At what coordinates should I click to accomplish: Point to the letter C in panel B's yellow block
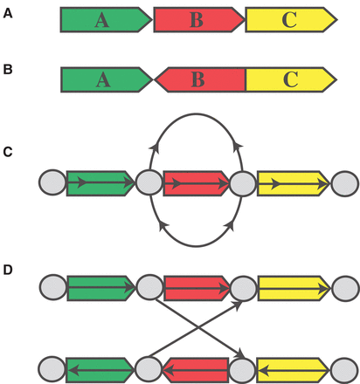[289, 80]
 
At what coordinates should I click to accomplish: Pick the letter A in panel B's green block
[103, 80]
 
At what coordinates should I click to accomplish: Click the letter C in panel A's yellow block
[289, 20]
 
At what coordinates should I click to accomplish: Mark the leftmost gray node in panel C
[52, 183]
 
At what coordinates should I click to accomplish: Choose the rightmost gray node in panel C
[344, 183]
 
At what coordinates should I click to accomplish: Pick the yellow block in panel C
[290, 183]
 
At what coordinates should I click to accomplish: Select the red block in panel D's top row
[195, 285]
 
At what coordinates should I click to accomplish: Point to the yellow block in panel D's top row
[290, 285]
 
